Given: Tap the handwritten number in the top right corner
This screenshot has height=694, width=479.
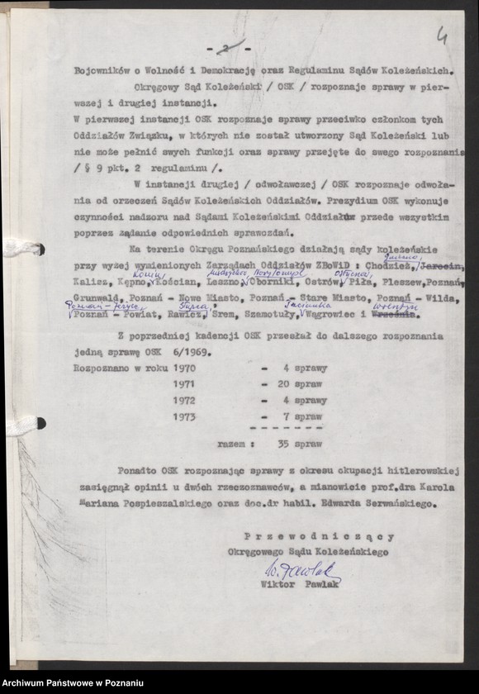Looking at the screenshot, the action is [443, 36].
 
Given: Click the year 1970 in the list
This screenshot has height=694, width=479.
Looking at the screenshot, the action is [184, 368].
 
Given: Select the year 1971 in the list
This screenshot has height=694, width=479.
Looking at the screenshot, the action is [184, 384].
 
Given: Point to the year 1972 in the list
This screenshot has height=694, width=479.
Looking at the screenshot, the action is [184, 401].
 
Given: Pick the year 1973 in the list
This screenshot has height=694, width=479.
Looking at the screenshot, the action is [184, 416].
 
